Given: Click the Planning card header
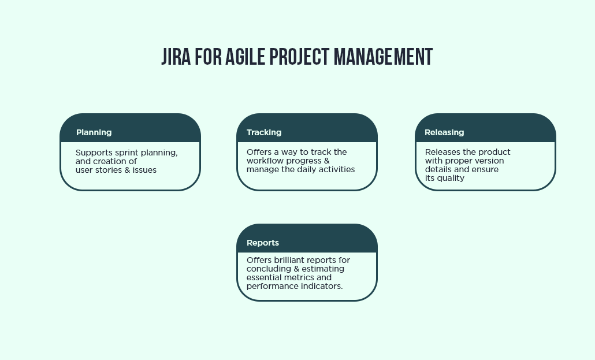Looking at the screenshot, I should [94, 132].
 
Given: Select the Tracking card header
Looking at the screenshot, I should [264, 132].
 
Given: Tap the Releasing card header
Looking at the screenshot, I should [444, 132].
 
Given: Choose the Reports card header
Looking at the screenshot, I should [263, 243].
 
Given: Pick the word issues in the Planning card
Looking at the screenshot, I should [146, 170].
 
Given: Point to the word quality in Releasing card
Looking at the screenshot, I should [451, 179].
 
